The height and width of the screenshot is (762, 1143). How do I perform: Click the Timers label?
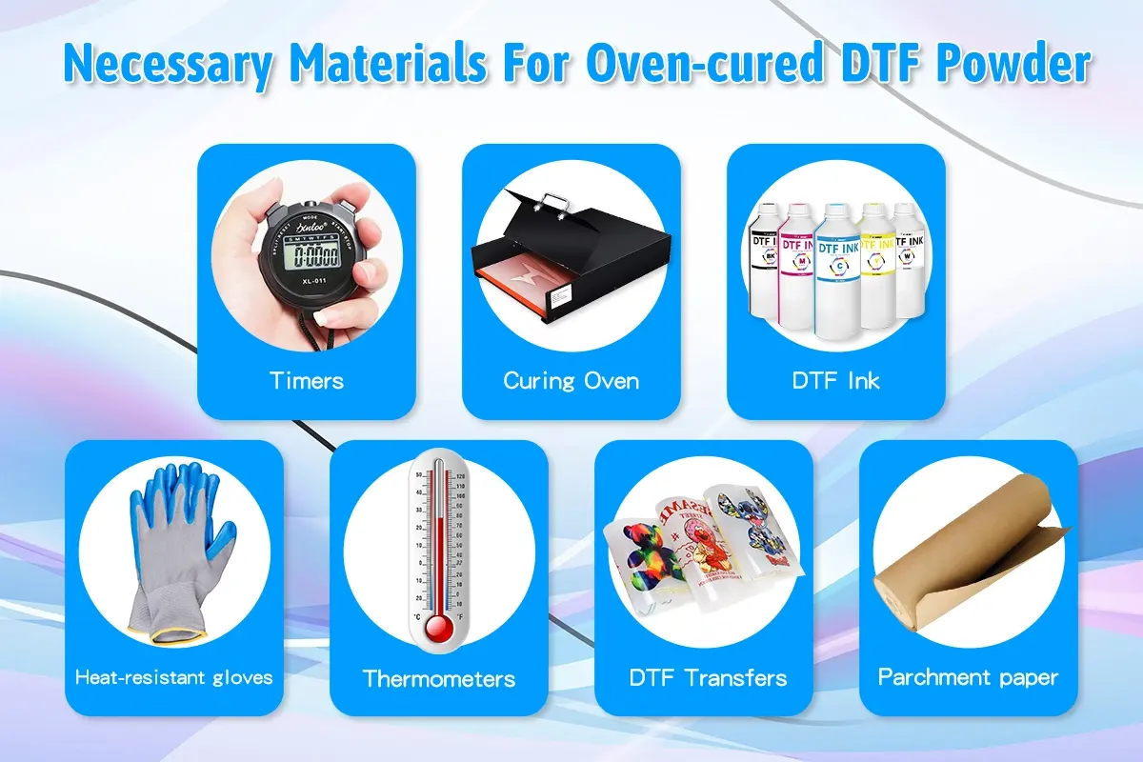pos(307,381)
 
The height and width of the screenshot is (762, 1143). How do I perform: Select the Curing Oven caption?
pos(571,381)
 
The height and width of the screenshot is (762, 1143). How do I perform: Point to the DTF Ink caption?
pos(835,381)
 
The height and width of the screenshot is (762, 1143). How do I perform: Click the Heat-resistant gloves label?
pos(174,677)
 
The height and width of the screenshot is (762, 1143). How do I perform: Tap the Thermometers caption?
pos(439,679)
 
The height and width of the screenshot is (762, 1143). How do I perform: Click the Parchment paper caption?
pos(968,677)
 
